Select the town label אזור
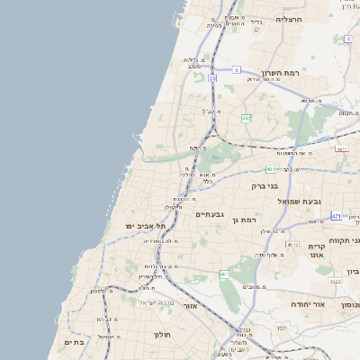(190, 306)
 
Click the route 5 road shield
(236, 69)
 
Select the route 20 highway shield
(213, 79)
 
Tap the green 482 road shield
(245, 118)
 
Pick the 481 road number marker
(269, 168)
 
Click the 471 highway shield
(336, 216)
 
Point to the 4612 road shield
(292, 244)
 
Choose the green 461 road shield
(224, 274)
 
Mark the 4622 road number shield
(336, 282)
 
